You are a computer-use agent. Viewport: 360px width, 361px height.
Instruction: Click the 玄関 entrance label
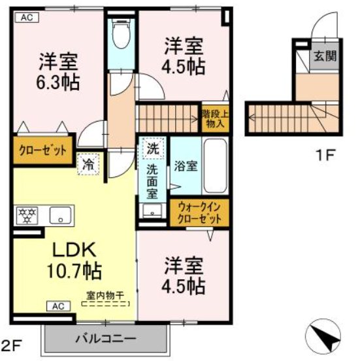point(325,56)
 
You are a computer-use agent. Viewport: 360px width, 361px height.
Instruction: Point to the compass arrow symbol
point(325,337)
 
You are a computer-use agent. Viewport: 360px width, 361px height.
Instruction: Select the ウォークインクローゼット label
point(200,213)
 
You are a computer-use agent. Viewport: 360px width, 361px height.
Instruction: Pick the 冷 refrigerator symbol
point(87,164)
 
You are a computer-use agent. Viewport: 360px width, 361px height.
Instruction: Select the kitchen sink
point(62,215)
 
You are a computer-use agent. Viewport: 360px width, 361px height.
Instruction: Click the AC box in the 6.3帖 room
point(27,18)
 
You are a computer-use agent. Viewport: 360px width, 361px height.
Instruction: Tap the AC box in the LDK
point(57,305)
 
